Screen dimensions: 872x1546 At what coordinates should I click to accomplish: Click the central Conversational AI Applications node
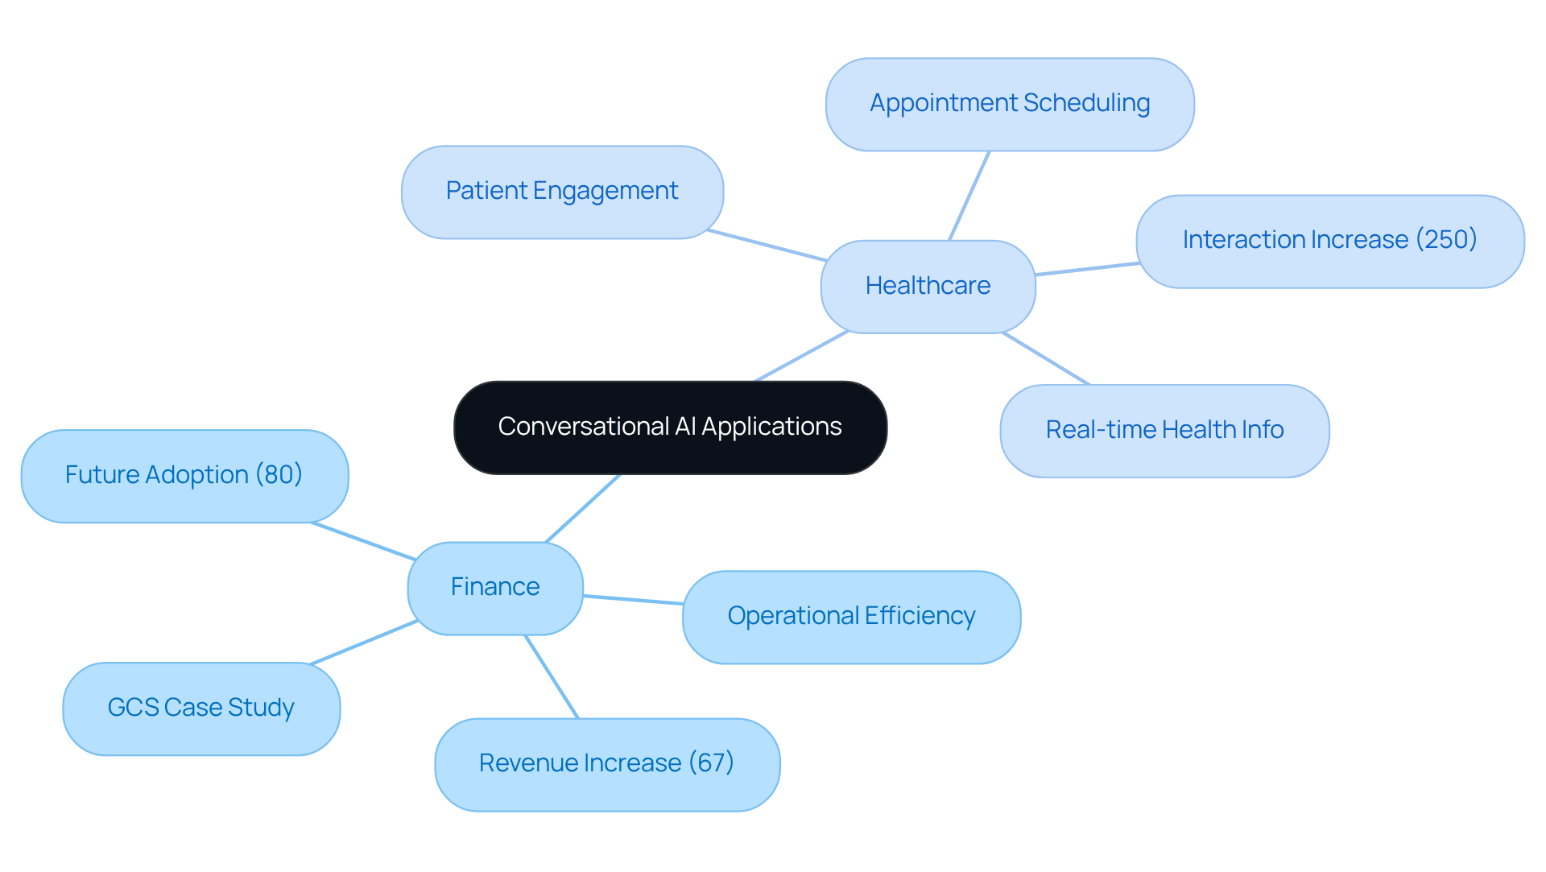pyautogui.click(x=670, y=427)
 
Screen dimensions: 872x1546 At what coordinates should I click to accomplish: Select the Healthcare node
pyautogui.click(x=928, y=286)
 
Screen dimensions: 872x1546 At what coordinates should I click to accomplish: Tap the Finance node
pyautogui.click(x=494, y=587)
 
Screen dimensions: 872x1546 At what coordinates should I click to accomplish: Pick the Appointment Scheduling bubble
pyautogui.click(x=1009, y=103)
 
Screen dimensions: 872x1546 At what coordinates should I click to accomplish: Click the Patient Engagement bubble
pyautogui.click(x=561, y=191)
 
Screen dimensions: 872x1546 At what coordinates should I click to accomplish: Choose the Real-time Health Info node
pyautogui.click(x=1164, y=430)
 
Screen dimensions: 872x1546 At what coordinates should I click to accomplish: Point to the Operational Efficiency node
pyautogui.click(x=851, y=616)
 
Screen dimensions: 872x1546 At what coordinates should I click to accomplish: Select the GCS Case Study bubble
pyautogui.click(x=200, y=708)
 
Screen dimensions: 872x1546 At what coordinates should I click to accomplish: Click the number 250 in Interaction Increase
pyautogui.click(x=1446, y=239)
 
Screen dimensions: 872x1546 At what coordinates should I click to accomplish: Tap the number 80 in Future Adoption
pyautogui.click(x=279, y=474)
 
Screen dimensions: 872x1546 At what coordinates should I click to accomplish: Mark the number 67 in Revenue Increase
pyautogui.click(x=711, y=762)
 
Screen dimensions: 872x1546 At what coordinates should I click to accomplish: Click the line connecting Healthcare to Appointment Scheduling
pyautogui.click(x=969, y=196)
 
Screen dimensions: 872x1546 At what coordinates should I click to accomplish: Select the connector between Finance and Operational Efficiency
pyautogui.click(x=633, y=600)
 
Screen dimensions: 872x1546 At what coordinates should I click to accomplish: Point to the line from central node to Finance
pyautogui.click(x=583, y=508)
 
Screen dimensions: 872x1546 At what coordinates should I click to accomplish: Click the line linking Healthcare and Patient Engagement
pyautogui.click(x=767, y=246)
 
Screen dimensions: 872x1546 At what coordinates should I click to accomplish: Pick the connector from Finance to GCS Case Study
pyautogui.click(x=362, y=643)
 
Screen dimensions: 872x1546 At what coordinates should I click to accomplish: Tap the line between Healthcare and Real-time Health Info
pyautogui.click(x=1046, y=358)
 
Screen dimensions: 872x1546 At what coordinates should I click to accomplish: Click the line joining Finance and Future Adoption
pyautogui.click(x=362, y=541)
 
